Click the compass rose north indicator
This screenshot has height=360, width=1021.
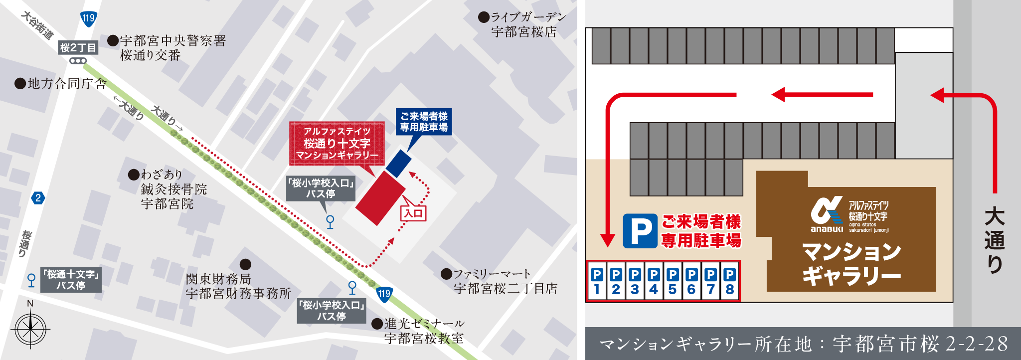(30, 304)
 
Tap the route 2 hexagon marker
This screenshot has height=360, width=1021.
(38, 198)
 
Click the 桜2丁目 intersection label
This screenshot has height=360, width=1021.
(78, 48)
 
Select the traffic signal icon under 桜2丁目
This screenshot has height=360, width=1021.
(78, 61)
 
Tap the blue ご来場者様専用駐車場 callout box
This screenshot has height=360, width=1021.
(424, 122)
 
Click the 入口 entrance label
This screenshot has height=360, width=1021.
(413, 213)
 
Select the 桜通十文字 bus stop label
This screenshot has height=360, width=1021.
(71, 280)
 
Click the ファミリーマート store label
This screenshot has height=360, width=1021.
(505, 281)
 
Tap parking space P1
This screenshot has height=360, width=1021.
(597, 282)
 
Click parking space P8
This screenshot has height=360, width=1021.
(729, 282)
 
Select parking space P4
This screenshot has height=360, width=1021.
(654, 282)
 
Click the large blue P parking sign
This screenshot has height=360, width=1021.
(640, 231)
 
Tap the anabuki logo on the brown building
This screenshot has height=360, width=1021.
(827, 215)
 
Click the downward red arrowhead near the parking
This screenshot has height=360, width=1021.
(607, 240)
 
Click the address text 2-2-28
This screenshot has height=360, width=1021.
(976, 344)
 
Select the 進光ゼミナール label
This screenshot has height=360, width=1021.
(424, 331)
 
